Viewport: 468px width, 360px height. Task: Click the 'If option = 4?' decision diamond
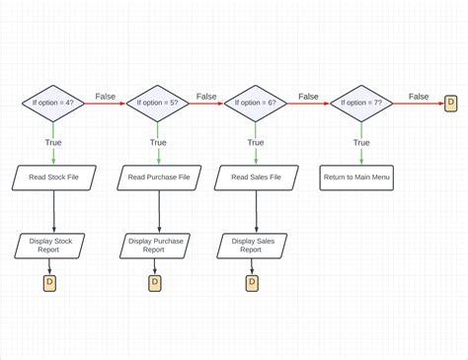pyautogui.click(x=54, y=103)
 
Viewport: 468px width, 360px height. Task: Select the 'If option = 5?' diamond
pyautogui.click(x=158, y=103)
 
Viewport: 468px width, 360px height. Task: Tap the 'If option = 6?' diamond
pyautogui.click(x=256, y=103)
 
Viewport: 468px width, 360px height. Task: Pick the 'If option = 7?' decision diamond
pyautogui.click(x=361, y=103)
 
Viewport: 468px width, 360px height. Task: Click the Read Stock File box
pyautogui.click(x=54, y=178)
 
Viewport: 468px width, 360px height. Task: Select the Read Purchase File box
pyautogui.click(x=158, y=178)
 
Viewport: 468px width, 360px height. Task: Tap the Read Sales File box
pyautogui.click(x=256, y=178)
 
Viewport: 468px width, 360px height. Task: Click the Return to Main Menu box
pyautogui.click(x=356, y=178)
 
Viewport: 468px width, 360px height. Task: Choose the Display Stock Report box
pyautogui.click(x=51, y=245)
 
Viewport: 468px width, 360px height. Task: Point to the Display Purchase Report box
pyautogui.click(x=155, y=245)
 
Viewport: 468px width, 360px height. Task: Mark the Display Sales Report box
pyautogui.click(x=253, y=245)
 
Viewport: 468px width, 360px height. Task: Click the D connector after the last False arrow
pyautogui.click(x=451, y=103)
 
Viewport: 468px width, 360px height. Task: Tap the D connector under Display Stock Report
pyautogui.click(x=50, y=284)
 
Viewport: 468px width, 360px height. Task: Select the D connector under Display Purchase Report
pyautogui.click(x=155, y=284)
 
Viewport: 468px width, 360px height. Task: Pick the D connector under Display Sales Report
pyautogui.click(x=252, y=284)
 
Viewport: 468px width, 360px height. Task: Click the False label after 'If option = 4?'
pyautogui.click(x=106, y=97)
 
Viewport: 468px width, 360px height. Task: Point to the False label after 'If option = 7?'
pyautogui.click(x=419, y=97)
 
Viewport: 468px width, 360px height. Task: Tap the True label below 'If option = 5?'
pyautogui.click(x=158, y=143)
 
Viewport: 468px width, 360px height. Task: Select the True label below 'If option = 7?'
pyautogui.click(x=361, y=143)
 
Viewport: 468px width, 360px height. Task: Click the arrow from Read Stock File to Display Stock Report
pyautogui.click(x=54, y=211)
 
